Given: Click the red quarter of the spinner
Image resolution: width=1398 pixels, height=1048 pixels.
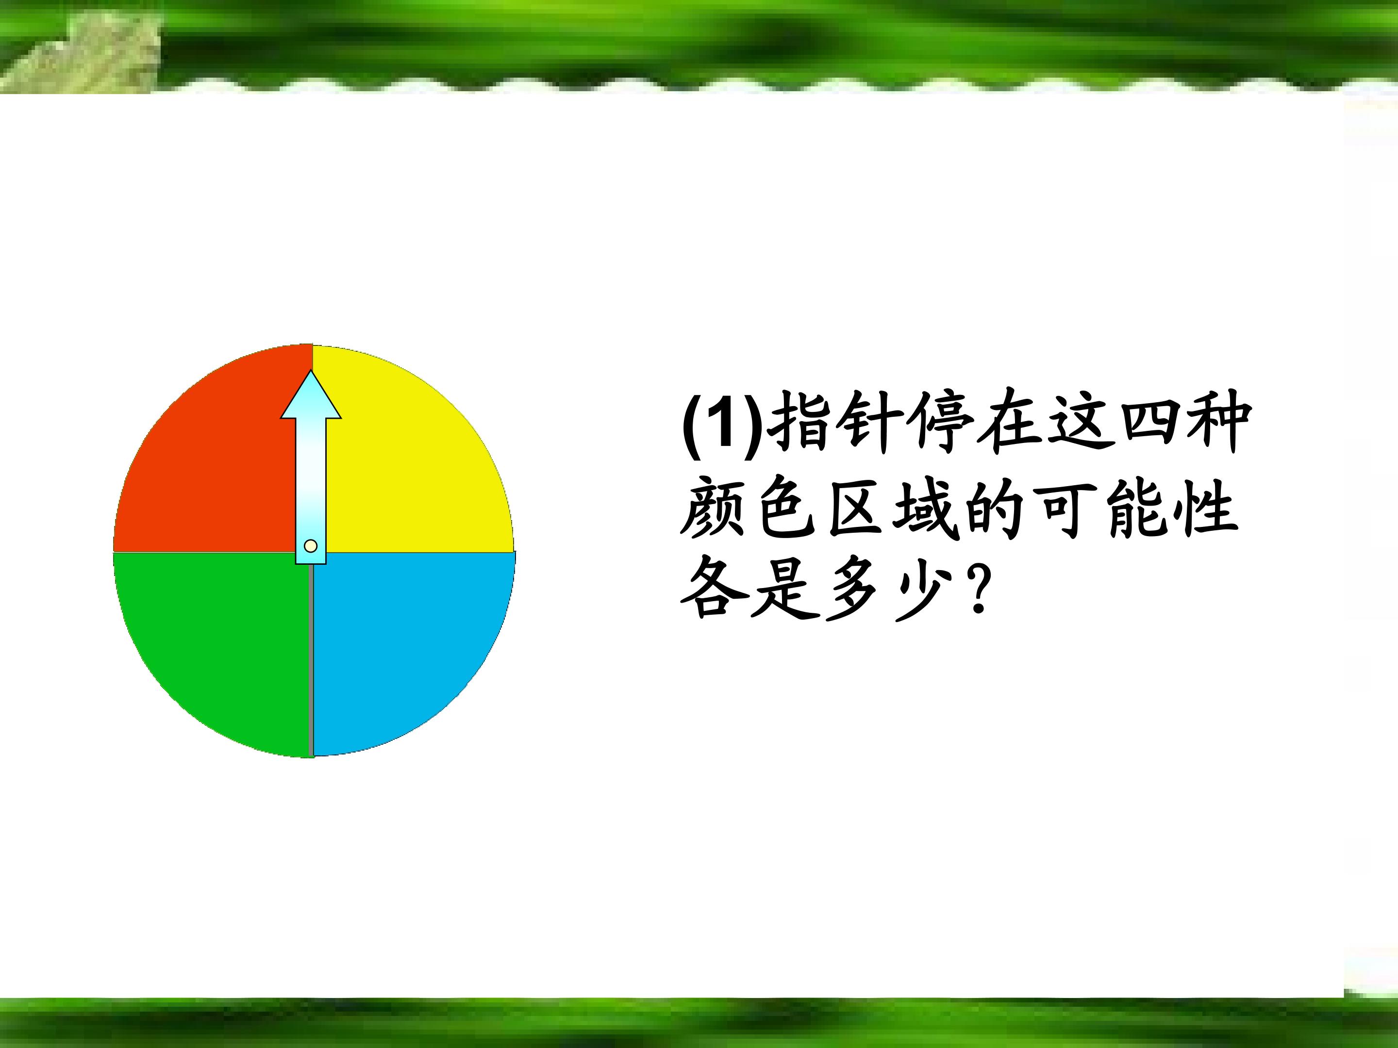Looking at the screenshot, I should coord(209,461).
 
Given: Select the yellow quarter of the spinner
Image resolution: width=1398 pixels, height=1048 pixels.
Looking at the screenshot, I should coord(411,461).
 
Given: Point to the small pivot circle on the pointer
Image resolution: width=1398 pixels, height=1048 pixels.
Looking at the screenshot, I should coord(310,546).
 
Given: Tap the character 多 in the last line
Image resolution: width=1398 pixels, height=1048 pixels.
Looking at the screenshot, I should coord(853,590).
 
